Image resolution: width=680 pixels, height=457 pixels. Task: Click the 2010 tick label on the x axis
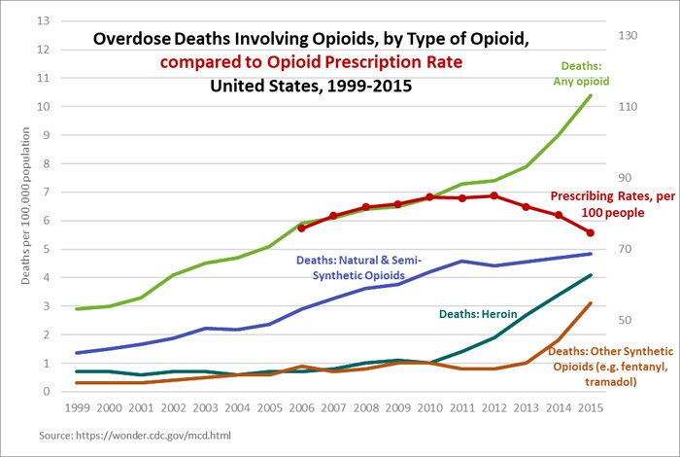[x=427, y=408]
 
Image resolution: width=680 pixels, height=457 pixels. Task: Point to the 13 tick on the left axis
[x=40, y=20]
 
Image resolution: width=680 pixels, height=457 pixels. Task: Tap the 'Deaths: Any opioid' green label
[x=584, y=74]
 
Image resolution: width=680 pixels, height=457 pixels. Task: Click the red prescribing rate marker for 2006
[x=302, y=228]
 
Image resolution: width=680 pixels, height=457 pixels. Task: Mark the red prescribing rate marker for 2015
[x=588, y=233]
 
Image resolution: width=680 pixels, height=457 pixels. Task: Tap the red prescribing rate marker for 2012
[x=493, y=195]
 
